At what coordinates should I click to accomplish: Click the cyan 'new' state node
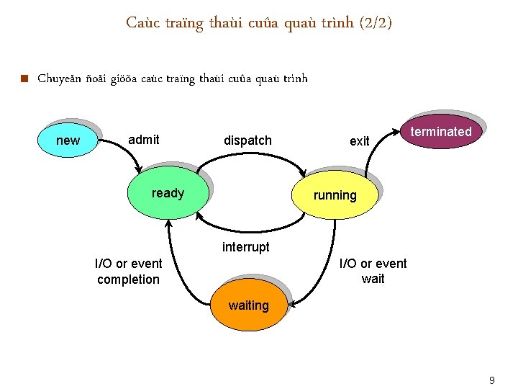pos(68,140)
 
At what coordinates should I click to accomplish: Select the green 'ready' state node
pos(168,193)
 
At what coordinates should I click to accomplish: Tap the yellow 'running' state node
pos(335,195)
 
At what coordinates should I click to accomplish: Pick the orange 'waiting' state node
pos(248,305)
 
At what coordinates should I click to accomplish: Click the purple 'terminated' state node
pos(441,132)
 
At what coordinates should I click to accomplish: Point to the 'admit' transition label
pos(144,140)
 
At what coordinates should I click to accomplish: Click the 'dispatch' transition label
pos(247,140)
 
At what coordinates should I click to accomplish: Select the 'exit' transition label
pos(359,141)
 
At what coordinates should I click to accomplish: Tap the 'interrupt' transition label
pos(246,247)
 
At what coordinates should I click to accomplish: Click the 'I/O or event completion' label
pos(129,271)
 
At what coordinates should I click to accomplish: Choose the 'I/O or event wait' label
pos(373,271)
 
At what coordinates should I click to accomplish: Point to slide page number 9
pos(492,380)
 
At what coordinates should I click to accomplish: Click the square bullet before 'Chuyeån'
pos(24,79)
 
